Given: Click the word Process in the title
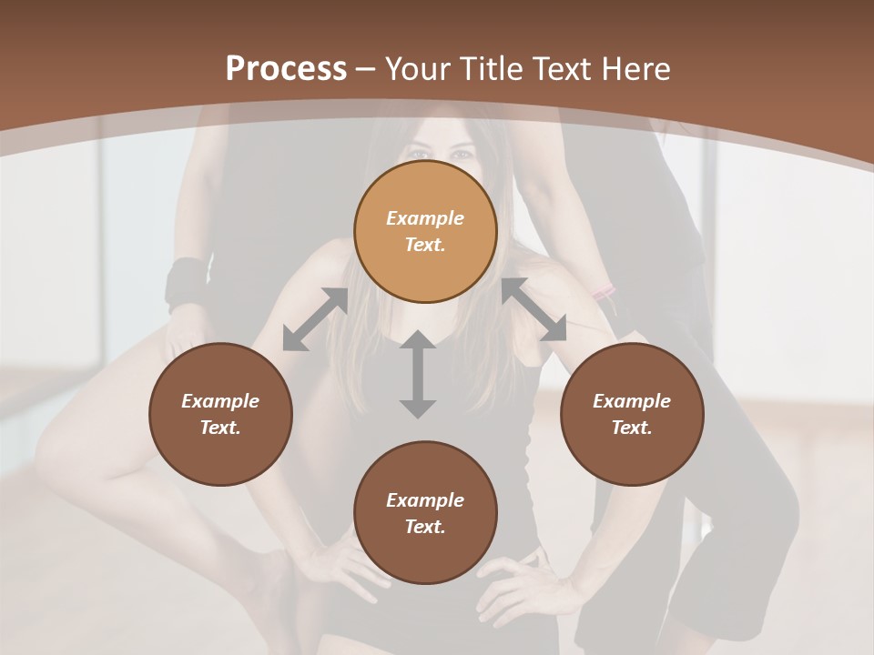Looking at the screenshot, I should pyautogui.click(x=286, y=68).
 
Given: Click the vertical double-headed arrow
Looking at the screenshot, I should pyautogui.click(x=418, y=375).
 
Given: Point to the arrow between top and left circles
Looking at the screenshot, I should pyautogui.click(x=316, y=319).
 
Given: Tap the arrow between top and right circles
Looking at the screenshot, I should pyautogui.click(x=534, y=309).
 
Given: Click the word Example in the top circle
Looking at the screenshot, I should pyautogui.click(x=425, y=218).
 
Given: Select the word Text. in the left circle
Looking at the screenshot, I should pyautogui.click(x=220, y=428).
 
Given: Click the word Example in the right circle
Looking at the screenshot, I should pyautogui.click(x=631, y=401).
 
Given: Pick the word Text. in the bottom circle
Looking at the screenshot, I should pyautogui.click(x=425, y=527).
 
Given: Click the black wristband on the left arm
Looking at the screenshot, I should pyautogui.click(x=187, y=282).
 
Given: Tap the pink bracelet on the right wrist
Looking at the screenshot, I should pyautogui.click(x=603, y=292).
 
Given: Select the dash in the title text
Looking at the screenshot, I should pyautogui.click(x=366, y=70).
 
